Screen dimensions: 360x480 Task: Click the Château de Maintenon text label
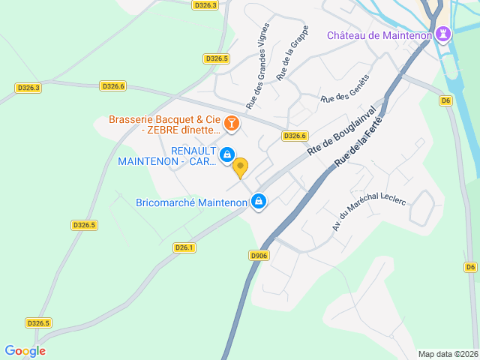379,35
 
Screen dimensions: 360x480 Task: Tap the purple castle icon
445,34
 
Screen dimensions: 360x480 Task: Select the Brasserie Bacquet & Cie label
164,119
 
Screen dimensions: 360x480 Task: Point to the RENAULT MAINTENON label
166,156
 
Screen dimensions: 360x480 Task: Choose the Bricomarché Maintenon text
192,202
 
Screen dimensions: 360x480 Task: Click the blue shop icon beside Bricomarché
259,201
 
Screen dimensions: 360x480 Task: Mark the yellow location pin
240,167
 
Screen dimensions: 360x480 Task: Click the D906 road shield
259,255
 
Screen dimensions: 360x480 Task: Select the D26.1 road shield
184,247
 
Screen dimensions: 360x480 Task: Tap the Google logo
25,350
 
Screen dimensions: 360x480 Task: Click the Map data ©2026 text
447,354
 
